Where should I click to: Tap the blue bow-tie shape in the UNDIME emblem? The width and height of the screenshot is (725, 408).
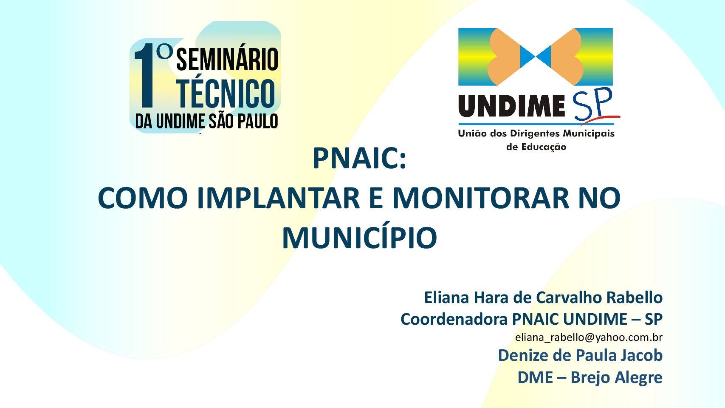pos(536,57)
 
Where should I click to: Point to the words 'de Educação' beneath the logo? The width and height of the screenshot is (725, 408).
pos(536,147)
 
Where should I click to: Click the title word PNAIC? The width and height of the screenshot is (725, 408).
pos(359,159)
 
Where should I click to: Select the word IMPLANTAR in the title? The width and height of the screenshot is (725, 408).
pos(278,198)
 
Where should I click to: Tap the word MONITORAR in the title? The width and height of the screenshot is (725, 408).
pos(480,198)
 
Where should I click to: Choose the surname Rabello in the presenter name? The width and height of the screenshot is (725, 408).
pos(634,297)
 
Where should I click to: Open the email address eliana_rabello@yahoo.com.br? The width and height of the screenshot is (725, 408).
pos(589,337)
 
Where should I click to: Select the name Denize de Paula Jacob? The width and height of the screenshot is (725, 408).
pos(580,356)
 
